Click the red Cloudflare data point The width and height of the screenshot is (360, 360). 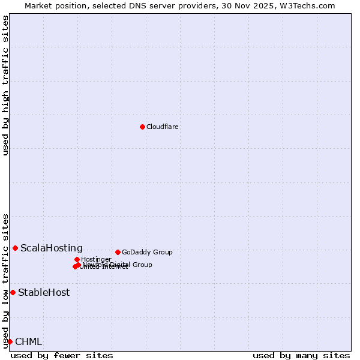pos(142,127)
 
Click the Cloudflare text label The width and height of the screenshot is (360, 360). pos(162,127)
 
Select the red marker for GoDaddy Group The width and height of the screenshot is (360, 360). pos(118,252)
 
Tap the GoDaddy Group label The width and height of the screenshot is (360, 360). pos(147,253)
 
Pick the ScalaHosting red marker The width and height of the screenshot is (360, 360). pos(15,248)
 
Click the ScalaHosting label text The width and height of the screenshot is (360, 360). pos(52,248)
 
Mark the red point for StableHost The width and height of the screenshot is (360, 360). pos(13,292)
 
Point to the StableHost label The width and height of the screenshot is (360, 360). pos(44,293)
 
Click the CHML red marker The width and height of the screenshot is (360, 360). pos(10,341)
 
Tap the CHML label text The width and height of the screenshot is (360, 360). pos(28,342)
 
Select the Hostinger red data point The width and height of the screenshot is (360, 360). pos(77,259)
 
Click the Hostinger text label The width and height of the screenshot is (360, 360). pos(96,260)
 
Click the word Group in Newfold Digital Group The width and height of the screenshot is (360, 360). pos(142,265)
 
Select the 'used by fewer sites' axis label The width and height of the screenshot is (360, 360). pos(62,355)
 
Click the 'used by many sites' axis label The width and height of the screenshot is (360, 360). pos(301,355)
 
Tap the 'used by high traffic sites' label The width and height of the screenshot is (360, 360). pos(5,85)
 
